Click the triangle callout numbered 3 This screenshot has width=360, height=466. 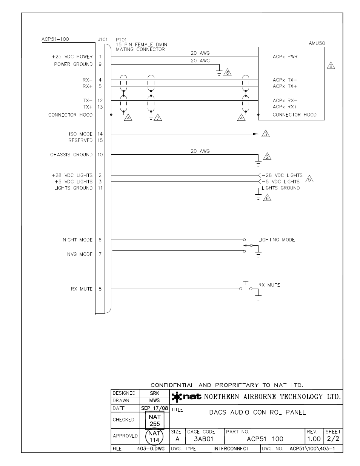point(266,134)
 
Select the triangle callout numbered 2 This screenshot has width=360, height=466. point(267,157)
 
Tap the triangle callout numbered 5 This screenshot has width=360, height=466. point(309,179)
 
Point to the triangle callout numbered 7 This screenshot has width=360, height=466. point(158,118)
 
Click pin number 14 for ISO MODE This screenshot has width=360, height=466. point(100,134)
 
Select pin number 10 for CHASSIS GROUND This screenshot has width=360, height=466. point(100,155)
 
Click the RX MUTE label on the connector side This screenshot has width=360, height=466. point(82,289)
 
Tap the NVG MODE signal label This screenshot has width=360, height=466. point(80,254)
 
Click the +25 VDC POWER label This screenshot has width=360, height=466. point(72,57)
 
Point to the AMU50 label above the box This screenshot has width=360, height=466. point(317,43)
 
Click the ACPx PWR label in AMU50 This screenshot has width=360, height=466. point(285,57)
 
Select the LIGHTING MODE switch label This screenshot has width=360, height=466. point(277,240)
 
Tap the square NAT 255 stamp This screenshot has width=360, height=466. point(155,420)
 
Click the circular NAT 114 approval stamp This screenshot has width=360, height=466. point(154,437)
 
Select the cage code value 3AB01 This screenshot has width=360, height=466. point(203,439)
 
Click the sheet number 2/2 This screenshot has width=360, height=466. point(333,439)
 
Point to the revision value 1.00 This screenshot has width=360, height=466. point(314,439)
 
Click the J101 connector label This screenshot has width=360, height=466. point(102,39)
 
